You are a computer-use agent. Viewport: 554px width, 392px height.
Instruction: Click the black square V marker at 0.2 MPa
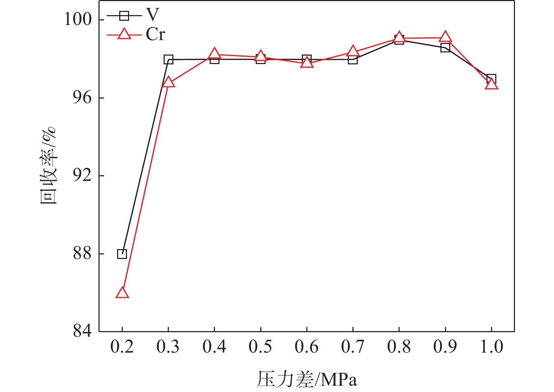coord(122,254)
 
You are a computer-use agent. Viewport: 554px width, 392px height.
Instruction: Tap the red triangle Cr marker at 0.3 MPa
coord(168,82)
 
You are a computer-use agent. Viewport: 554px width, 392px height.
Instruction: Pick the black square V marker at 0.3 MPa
coord(168,59)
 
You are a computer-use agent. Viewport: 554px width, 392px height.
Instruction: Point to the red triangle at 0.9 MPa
coord(445,37)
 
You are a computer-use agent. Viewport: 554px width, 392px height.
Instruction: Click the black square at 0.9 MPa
coord(445,48)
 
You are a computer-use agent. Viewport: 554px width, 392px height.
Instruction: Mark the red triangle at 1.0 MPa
coord(491,84)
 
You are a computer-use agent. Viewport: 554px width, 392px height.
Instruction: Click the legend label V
coord(152,15)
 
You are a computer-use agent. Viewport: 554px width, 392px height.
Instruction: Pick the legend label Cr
coord(155,34)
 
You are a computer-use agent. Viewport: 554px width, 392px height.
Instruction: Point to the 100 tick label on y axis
coord(78,19)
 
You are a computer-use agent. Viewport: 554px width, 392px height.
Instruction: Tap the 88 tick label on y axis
coord(82,253)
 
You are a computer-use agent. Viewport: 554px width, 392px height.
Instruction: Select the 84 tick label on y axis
coord(82,331)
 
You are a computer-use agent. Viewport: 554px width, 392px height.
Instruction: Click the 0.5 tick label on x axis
coord(260,347)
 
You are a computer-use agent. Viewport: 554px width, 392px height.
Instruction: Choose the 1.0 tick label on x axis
coord(491,347)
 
